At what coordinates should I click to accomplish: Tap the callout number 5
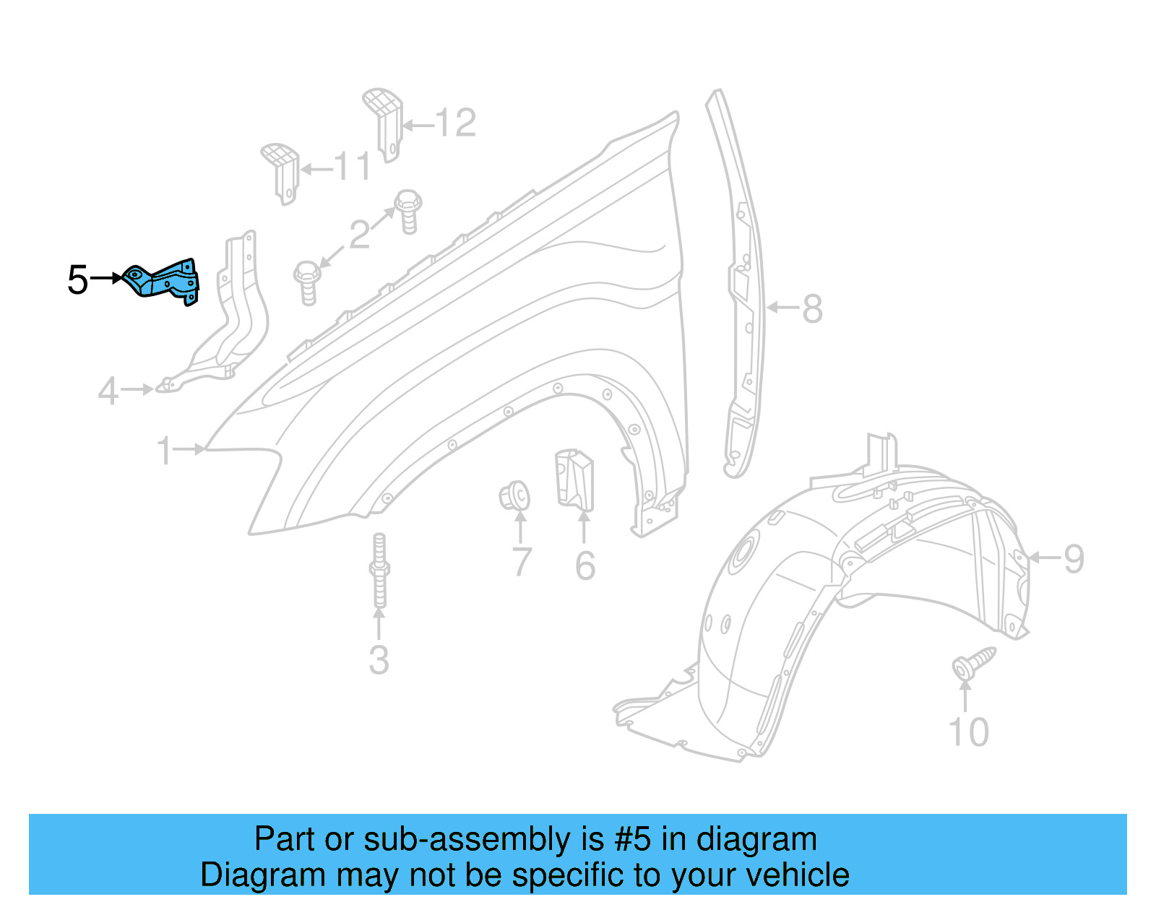point(77,279)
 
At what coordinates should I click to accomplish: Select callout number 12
point(456,123)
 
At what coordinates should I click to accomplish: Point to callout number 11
point(353,168)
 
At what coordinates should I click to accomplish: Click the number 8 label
point(813,309)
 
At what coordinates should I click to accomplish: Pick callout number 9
point(1074,559)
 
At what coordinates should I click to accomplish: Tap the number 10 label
point(968,732)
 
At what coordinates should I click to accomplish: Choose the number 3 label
point(379,660)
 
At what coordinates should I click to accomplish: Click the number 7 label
point(521,563)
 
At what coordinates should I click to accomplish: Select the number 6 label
point(585,565)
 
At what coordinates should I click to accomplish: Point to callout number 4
point(108,391)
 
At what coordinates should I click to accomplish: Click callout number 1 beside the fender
point(165,451)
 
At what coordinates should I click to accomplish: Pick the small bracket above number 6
point(574,478)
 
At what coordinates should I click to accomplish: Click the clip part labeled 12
point(384,123)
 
